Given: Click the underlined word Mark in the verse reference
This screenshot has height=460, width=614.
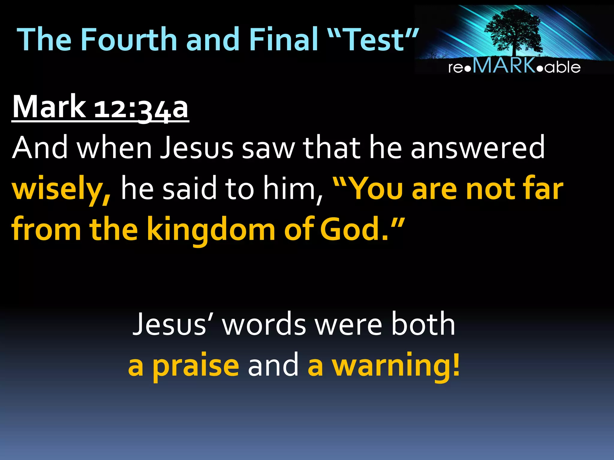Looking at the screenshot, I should coord(49,107).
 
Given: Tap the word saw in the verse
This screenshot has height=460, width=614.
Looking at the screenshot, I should coord(268,148).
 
